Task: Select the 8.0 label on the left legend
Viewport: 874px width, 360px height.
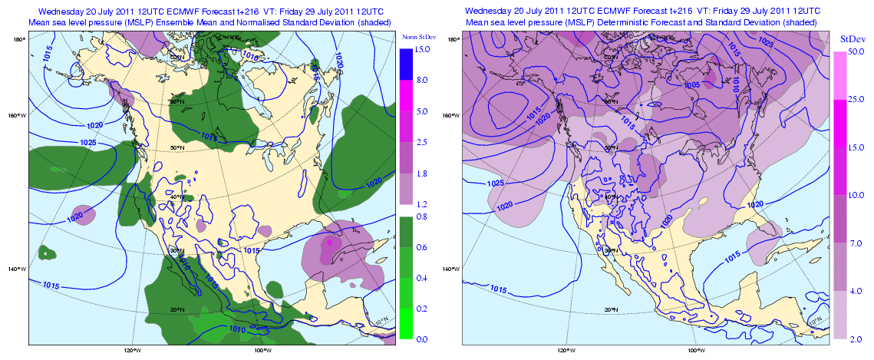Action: click(421, 80)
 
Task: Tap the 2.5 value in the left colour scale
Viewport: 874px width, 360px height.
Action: click(421, 142)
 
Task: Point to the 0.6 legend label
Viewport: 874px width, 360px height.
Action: click(421, 247)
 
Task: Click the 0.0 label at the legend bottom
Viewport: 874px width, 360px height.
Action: click(421, 339)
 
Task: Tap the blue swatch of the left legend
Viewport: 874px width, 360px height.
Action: click(406, 64)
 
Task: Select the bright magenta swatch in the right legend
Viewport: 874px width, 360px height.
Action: click(840, 124)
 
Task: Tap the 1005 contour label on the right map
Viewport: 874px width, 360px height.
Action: click(691, 84)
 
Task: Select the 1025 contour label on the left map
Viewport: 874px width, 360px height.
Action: click(87, 143)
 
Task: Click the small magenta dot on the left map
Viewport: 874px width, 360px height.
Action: click(330, 242)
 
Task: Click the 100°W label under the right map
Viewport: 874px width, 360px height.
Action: click(696, 351)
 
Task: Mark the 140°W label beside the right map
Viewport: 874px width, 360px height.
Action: click(452, 269)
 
